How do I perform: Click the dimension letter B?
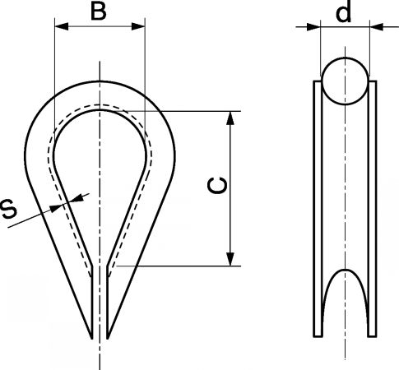[99, 12]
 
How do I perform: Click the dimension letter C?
[217, 186]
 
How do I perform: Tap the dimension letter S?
[9, 210]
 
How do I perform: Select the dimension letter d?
[343, 12]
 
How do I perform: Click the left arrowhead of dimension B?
[62, 26]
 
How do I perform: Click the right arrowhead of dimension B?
[138, 26]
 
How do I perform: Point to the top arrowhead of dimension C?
[231, 118]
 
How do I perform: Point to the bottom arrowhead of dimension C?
[231, 259]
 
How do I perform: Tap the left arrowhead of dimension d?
[313, 27]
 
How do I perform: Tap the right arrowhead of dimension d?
[376, 27]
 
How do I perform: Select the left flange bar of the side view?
[318, 208]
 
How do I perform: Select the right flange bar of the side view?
[372, 208]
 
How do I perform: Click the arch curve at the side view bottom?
[345, 270]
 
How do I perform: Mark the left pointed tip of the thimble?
[92, 339]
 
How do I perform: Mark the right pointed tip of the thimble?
[107, 339]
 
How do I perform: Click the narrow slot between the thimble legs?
[100, 302]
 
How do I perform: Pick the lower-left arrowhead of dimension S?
[56, 207]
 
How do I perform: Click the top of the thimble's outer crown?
[100, 81]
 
